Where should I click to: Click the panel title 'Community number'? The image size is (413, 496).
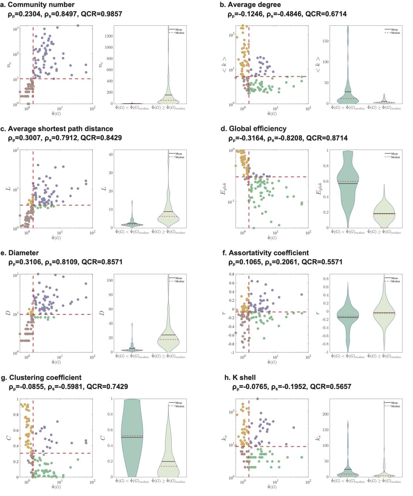[41, 5]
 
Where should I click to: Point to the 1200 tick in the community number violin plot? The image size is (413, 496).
[108, 36]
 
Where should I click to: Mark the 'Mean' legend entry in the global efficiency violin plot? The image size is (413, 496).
[394, 154]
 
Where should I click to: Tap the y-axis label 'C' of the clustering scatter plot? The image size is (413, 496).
[9, 438]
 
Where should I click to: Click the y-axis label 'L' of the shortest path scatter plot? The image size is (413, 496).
[9, 189]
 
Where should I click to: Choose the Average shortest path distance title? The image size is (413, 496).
[60, 129]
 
